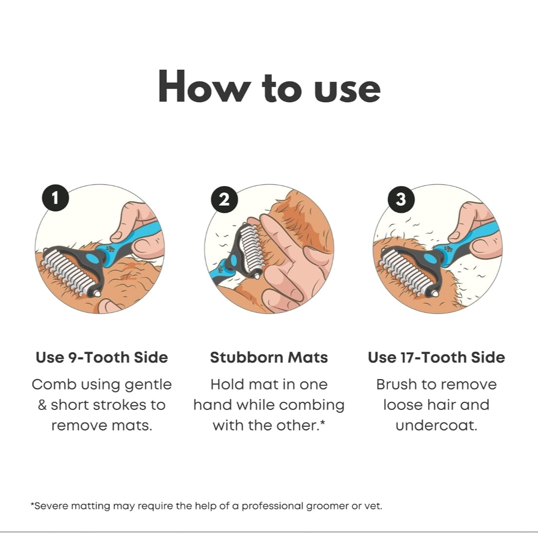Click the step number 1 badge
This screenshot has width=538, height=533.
coord(55,198)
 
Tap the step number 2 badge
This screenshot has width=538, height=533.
coord(224,199)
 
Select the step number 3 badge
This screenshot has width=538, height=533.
coord(401,199)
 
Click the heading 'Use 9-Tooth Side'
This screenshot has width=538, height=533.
coord(102,357)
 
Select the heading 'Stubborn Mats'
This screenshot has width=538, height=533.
coord(269,357)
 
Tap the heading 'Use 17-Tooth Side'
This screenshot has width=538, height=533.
coord(436,357)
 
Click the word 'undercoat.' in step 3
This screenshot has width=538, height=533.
coord(436,425)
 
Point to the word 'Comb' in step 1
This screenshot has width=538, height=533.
coord(54,385)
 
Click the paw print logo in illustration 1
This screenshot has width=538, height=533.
coord(110,249)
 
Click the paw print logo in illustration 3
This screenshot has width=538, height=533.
coord(448,249)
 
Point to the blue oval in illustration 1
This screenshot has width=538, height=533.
coord(92,258)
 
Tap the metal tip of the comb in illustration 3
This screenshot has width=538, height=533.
coord(435,294)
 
